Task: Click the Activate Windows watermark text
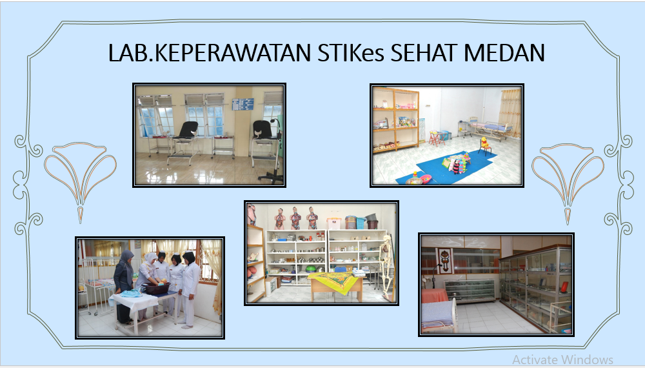tap(562, 360)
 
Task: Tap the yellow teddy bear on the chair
tap(483, 141)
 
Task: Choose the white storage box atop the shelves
tap(333, 223)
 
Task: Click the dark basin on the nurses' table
tap(155, 289)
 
